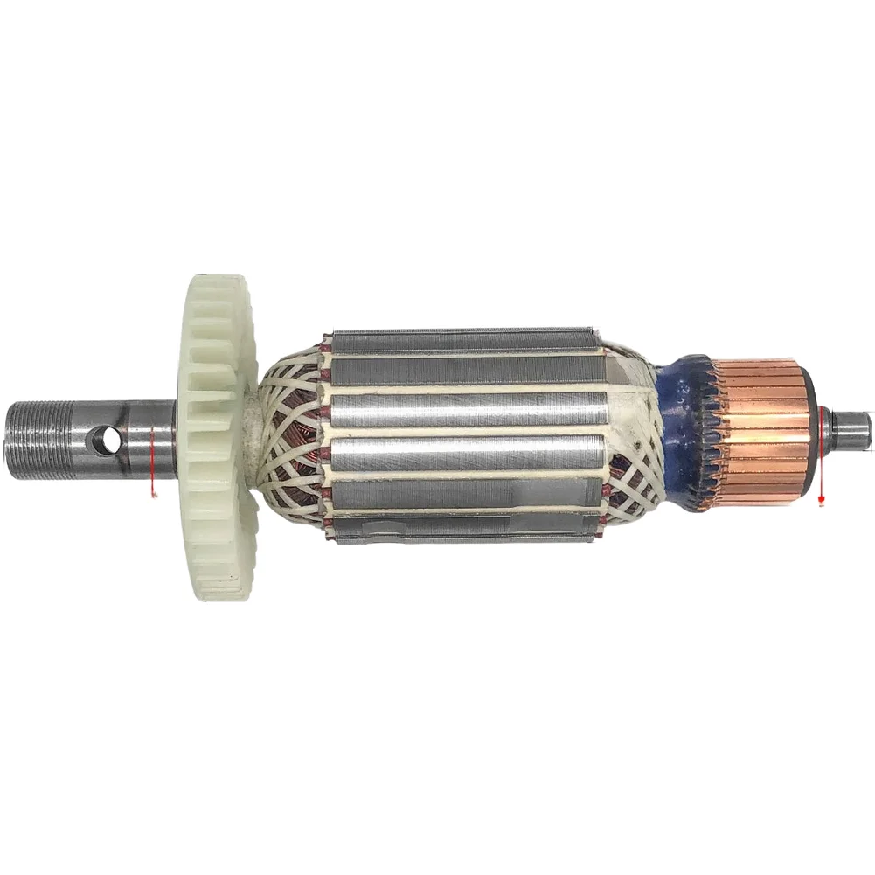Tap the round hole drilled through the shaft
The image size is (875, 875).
[x=107, y=439]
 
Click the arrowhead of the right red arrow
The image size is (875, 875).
[x=821, y=500]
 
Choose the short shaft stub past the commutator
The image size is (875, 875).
[x=851, y=426]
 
